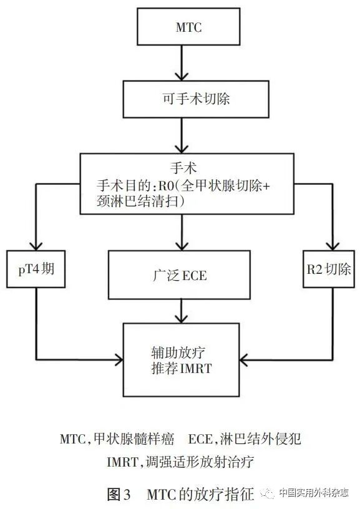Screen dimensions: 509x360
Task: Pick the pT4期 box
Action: tap(36, 270)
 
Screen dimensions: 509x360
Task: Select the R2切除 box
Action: tap(328, 270)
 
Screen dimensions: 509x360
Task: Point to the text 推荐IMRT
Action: tap(181, 368)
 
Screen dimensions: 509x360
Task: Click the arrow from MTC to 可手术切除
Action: tap(180, 64)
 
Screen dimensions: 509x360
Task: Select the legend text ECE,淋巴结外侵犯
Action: tap(245, 439)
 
